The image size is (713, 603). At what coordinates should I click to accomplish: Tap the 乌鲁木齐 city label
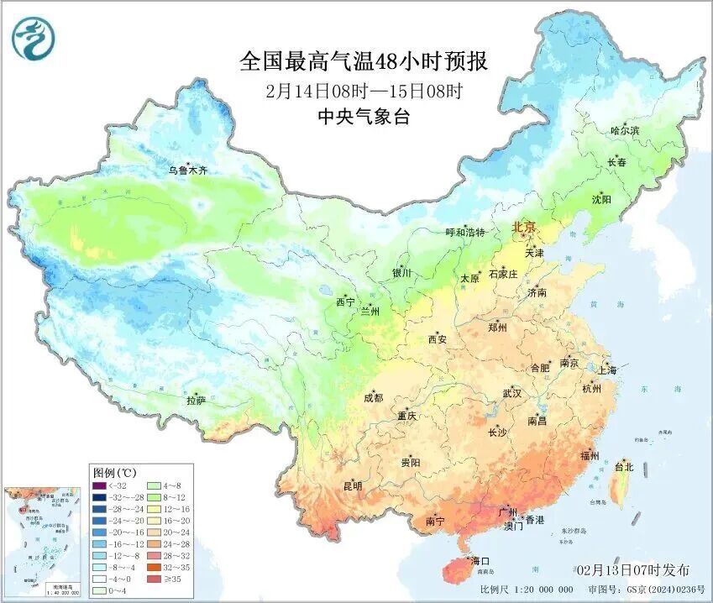(187, 170)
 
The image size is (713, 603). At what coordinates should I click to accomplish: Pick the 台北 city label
(625, 466)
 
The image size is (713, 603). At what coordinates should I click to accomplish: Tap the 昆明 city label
(353, 485)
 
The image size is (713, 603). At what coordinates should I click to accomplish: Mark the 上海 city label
(606, 370)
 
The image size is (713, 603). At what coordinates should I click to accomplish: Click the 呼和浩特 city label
(465, 232)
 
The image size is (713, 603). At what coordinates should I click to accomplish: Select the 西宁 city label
(345, 301)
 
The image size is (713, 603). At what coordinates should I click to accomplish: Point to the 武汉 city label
(511, 393)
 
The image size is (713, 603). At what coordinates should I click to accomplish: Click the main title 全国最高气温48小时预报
(364, 61)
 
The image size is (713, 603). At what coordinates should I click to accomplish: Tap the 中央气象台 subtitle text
(364, 117)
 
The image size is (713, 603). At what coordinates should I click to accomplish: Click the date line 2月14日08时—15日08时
(364, 90)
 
